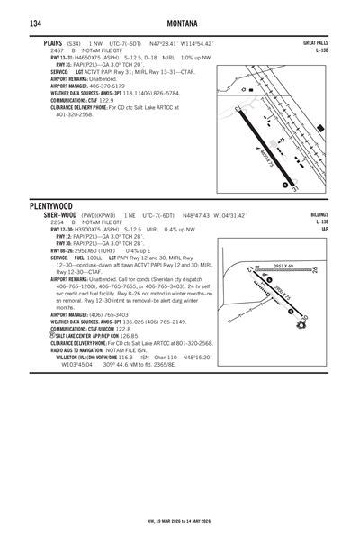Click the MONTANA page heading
[180, 23]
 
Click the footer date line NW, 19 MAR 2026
[180, 521]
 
